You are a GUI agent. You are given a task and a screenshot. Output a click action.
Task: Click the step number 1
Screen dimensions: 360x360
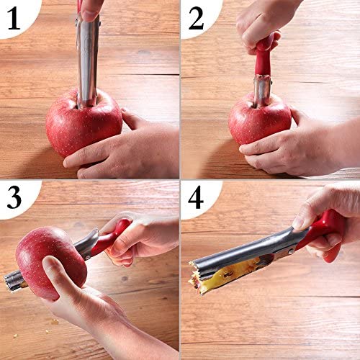[14, 18]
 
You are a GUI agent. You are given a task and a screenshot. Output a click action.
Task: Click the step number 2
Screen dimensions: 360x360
[196, 18]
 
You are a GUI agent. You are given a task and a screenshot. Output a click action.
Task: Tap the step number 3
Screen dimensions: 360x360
[14, 197]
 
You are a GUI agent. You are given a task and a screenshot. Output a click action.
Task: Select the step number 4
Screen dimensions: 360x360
[196, 197]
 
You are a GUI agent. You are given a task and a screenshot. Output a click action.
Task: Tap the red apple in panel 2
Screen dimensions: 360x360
[260, 120]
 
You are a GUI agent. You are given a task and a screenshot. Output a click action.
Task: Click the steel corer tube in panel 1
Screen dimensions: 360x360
[87, 60]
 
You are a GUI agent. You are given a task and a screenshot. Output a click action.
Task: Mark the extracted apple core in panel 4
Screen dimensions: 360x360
[230, 274]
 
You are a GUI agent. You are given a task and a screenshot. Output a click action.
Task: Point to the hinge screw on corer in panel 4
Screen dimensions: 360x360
[291, 251]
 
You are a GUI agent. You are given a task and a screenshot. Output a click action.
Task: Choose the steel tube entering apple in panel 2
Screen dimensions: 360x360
[262, 91]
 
